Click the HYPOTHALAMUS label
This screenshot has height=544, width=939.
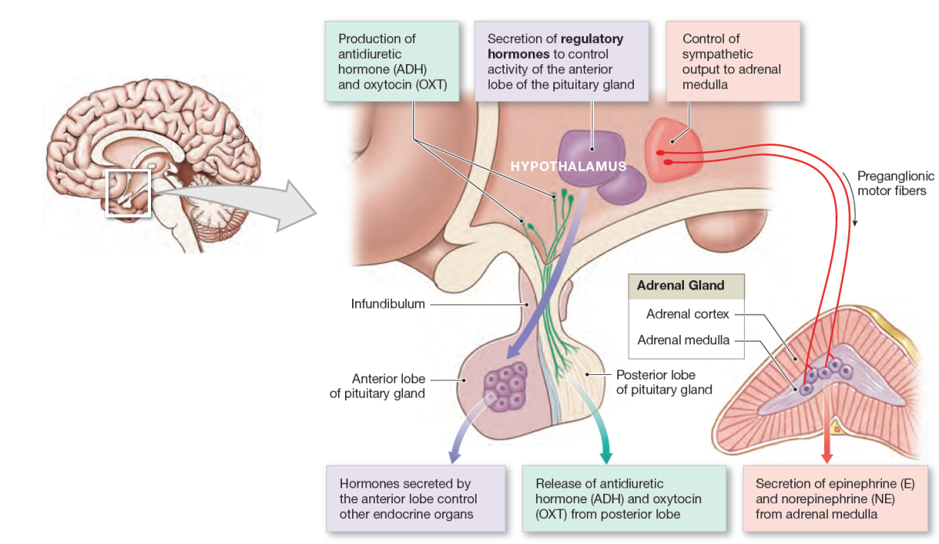(x=568, y=167)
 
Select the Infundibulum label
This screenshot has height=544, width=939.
(x=387, y=304)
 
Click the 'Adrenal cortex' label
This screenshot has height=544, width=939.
(x=687, y=315)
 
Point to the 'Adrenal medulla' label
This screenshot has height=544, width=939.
(x=683, y=340)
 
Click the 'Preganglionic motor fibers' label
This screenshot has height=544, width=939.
(x=891, y=183)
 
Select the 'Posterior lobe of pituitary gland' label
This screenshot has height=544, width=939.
(x=664, y=382)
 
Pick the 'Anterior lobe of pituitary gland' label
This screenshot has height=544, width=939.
(x=377, y=386)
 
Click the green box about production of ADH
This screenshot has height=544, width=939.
(x=391, y=61)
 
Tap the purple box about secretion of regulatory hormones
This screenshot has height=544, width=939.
(x=561, y=61)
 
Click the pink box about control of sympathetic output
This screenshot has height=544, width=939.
(x=732, y=61)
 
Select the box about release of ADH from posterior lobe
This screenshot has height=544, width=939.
(x=624, y=499)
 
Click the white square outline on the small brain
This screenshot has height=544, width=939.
(x=128, y=191)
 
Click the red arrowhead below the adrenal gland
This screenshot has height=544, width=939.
(x=825, y=455)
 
